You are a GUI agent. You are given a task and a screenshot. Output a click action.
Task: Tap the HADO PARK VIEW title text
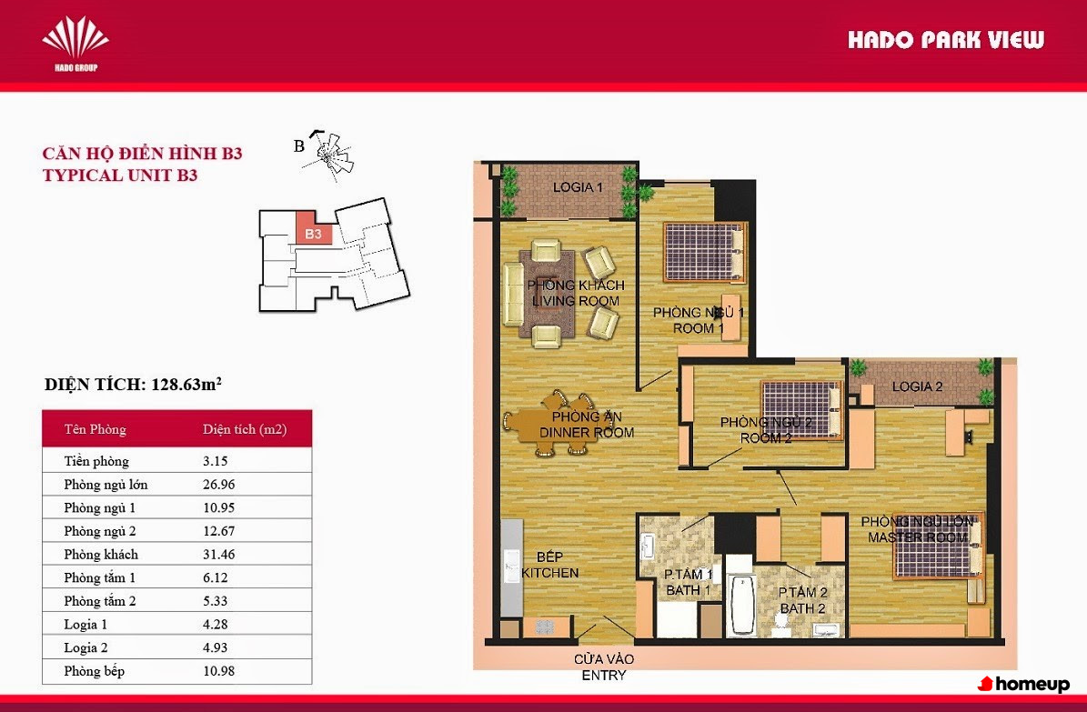click(x=946, y=39)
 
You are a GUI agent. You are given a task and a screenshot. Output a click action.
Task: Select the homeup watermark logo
click(x=1023, y=685)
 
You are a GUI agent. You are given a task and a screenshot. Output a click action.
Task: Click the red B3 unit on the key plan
click(x=313, y=228)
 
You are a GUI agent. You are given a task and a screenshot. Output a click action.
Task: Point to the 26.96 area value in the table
click(x=219, y=485)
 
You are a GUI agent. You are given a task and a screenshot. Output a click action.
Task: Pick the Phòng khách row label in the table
click(x=101, y=555)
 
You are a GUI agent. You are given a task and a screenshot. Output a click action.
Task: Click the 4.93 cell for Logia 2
click(x=215, y=647)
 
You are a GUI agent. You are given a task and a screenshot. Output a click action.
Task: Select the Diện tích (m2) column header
click(x=245, y=429)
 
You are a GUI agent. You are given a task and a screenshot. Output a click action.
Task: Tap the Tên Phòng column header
click(x=95, y=429)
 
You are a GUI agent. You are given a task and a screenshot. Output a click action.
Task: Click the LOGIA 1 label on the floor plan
click(x=578, y=187)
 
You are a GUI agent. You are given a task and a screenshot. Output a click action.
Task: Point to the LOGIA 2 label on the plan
click(x=917, y=386)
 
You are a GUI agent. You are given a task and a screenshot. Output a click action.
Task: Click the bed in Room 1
click(x=704, y=252)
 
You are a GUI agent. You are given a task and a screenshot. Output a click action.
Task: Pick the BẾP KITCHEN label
click(x=549, y=565)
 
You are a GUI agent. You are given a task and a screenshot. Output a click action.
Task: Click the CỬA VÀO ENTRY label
click(x=604, y=667)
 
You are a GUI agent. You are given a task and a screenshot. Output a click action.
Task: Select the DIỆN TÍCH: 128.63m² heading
click(x=133, y=384)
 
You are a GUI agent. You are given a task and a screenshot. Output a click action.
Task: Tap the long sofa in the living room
click(x=513, y=294)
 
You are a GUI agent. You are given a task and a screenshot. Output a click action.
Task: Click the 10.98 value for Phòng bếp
click(x=219, y=671)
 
